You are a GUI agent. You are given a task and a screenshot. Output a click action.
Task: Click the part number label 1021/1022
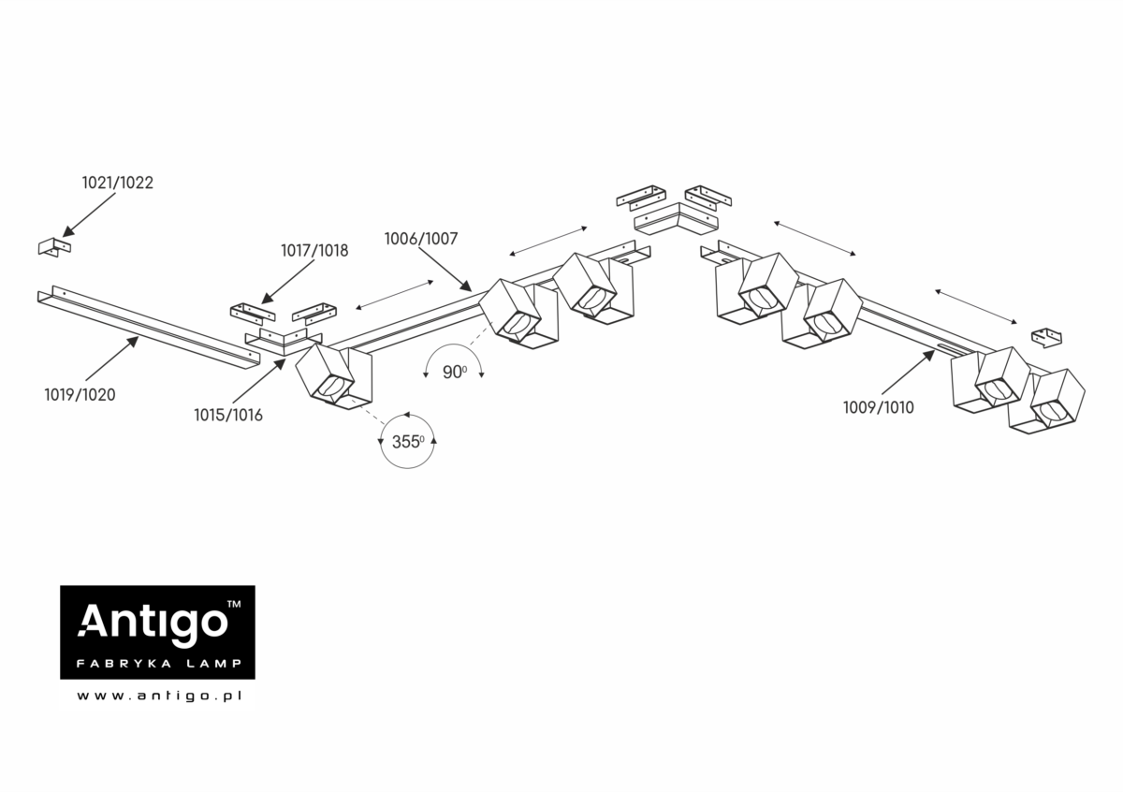(x=118, y=183)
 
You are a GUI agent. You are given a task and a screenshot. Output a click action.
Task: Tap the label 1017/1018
(x=314, y=250)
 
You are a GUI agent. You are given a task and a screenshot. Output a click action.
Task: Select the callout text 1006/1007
(x=421, y=239)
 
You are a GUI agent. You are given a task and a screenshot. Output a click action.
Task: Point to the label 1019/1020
(x=80, y=395)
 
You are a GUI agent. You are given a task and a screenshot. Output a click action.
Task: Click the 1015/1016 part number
(x=228, y=415)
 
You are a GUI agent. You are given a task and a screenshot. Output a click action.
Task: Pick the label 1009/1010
(x=879, y=407)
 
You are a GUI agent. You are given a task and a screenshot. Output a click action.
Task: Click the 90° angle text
(x=455, y=373)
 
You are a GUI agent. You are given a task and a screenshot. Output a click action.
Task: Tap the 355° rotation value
(x=408, y=442)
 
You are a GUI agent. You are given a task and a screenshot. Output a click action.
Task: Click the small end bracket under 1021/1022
(x=54, y=247)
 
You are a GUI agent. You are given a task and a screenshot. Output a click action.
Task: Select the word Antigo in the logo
(x=153, y=622)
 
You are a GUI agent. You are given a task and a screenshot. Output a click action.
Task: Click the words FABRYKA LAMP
(x=159, y=664)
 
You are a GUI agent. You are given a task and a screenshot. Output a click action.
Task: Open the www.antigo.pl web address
(x=159, y=697)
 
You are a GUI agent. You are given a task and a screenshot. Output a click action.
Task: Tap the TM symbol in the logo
(x=234, y=604)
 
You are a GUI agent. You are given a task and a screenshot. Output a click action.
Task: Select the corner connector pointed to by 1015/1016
(x=284, y=341)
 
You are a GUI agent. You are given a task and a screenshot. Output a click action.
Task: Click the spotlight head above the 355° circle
(x=333, y=376)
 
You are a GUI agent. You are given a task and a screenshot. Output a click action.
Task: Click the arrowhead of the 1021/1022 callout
(x=67, y=232)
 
